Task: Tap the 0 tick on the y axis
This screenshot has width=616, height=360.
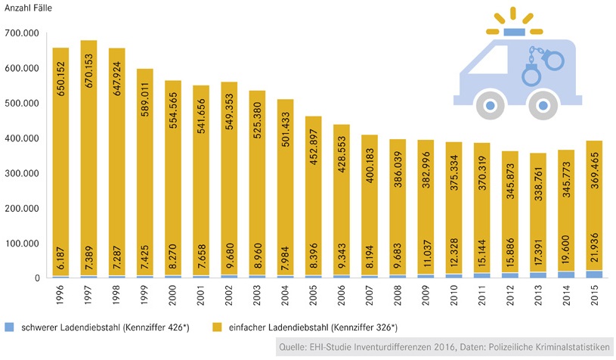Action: point(35,278)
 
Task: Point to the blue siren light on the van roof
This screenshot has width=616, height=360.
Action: point(517,32)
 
